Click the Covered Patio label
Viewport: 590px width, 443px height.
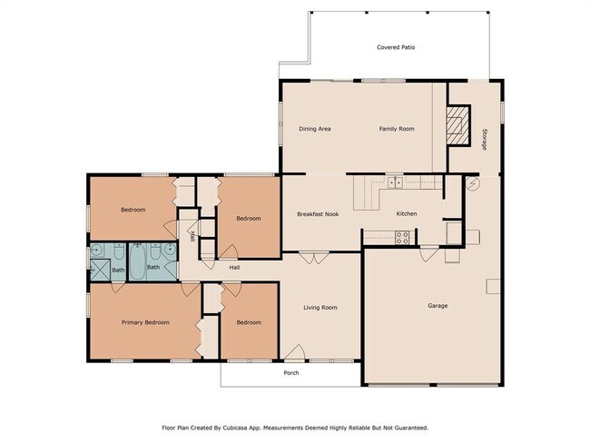[x=396, y=48]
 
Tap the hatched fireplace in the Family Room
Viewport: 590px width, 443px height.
[x=459, y=126]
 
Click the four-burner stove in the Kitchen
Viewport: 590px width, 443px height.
[x=401, y=237]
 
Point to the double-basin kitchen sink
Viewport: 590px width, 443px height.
[x=396, y=182]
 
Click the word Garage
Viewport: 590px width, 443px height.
[x=438, y=306]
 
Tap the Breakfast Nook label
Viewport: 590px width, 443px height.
[x=318, y=214]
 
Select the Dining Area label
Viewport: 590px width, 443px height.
[x=315, y=129]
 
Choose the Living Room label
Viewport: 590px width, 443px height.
[x=320, y=308]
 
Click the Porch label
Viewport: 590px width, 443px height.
[x=291, y=372]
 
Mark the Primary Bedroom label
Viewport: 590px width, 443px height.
[x=145, y=322]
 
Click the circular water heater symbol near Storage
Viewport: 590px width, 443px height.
[x=471, y=182]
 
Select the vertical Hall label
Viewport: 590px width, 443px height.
[x=192, y=237]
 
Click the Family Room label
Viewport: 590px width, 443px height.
[x=397, y=129]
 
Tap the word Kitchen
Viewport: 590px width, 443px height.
[x=407, y=214]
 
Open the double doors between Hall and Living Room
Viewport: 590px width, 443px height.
[x=311, y=259]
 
